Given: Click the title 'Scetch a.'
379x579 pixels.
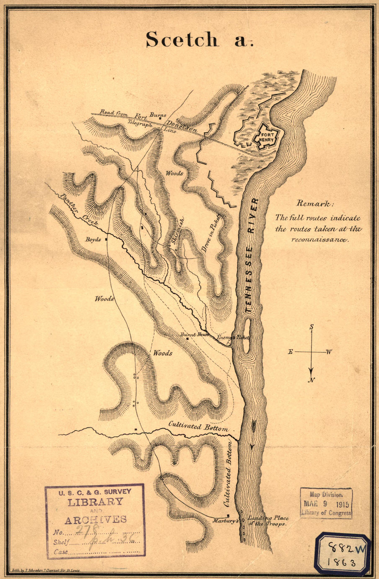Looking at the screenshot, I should point(199,39).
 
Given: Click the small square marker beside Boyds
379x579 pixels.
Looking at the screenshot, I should point(106,239).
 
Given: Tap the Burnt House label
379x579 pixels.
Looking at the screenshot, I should point(194,334).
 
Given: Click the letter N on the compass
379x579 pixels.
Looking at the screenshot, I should point(311,380).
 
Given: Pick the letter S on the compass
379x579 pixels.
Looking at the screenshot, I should point(311,327).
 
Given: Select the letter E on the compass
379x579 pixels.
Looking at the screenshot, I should point(290,352).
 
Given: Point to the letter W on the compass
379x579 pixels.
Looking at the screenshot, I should point(329,352).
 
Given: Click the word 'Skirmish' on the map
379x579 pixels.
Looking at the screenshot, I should point(178,231).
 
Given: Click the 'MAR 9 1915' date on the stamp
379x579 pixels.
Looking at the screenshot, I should point(326,504).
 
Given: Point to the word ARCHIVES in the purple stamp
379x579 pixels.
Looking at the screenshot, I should point(95,519).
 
